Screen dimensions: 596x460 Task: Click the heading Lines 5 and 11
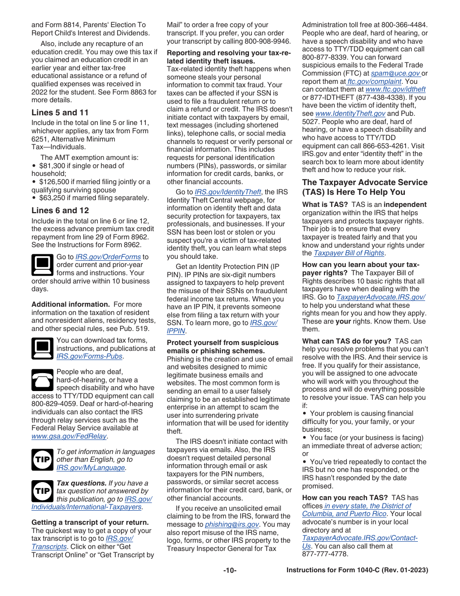coord(60,112)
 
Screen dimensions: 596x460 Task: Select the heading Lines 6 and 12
coord(60,210)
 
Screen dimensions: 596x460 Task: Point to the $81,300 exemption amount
coord(52,165)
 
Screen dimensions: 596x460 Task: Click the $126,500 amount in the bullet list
coord(54,182)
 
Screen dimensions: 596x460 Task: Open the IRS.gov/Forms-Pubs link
coord(90,356)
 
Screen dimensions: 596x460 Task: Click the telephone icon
coord(42,380)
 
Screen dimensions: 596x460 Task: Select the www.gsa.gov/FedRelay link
coord(69,436)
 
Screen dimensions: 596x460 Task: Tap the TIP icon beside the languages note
coord(42,459)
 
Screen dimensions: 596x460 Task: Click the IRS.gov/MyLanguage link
coord(91,468)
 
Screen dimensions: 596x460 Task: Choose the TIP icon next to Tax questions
coord(42,491)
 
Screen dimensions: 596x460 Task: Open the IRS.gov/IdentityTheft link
coord(228,192)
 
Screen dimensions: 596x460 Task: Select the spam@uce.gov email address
coord(396,74)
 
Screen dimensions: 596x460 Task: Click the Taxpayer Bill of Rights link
coord(349,253)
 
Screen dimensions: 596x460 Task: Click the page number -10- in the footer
coord(230,570)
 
